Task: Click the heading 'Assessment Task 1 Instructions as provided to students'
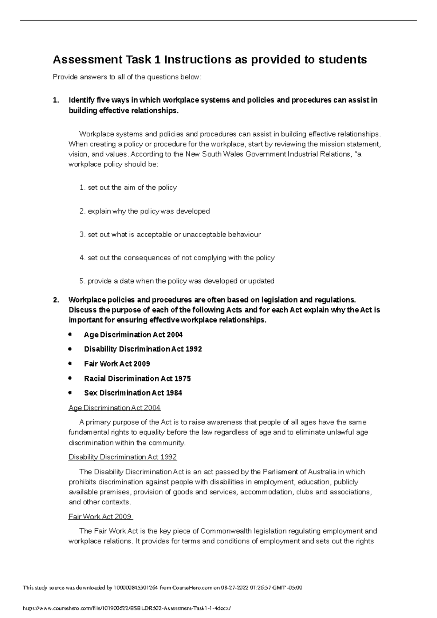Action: pyautogui.click(x=210, y=59)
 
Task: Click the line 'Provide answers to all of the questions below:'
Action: pyautogui.click(x=127, y=77)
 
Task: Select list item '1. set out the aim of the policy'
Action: pyautogui.click(x=128, y=188)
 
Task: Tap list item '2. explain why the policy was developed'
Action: pyautogui.click(x=144, y=211)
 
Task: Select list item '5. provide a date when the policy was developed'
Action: pyautogui.click(x=177, y=281)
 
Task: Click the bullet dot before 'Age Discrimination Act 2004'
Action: pyautogui.click(x=70, y=334)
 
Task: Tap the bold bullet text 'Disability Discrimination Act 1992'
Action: pyautogui.click(x=143, y=349)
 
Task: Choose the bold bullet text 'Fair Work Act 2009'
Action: pyautogui.click(x=117, y=364)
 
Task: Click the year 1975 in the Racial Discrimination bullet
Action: pyautogui.click(x=182, y=379)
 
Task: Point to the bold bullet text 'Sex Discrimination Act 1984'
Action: pyautogui.click(x=133, y=393)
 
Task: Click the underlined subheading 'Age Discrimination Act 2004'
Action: pyautogui.click(x=114, y=408)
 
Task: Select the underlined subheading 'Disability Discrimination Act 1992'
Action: pyautogui.click(x=122, y=457)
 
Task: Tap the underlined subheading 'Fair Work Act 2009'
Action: pyautogui.click(x=100, y=516)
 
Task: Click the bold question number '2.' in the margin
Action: pyautogui.click(x=56, y=300)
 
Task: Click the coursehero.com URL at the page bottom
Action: pyautogui.click(x=127, y=608)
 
